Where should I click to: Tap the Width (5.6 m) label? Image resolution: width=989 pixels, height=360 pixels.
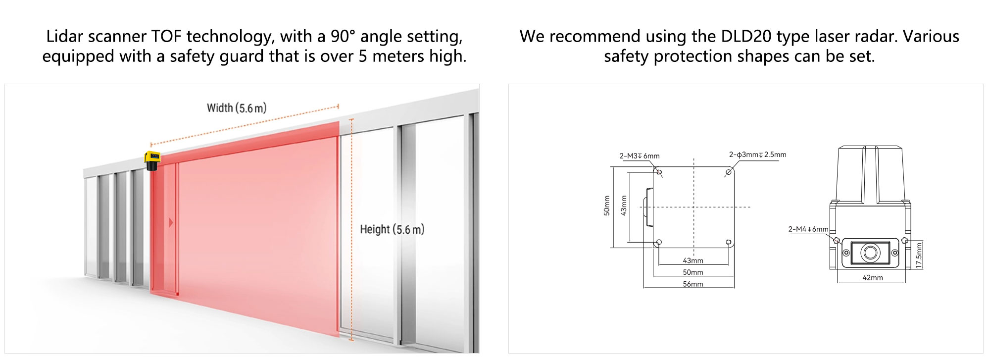pos(237,108)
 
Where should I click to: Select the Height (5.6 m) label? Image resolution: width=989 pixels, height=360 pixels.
pos(392,229)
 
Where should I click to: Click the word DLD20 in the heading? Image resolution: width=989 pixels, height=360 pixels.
pos(747,37)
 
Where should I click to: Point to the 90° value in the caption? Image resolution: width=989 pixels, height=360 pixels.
pos(343,37)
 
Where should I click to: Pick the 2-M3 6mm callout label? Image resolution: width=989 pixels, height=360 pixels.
pos(639,156)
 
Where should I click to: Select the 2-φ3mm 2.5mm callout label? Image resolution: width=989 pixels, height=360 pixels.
pos(757,154)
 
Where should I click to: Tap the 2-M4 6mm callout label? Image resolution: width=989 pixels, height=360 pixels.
pos(808,229)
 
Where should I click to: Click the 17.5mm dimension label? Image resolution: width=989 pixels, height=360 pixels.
pos(919,255)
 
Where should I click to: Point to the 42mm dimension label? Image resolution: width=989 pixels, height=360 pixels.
pos(872,278)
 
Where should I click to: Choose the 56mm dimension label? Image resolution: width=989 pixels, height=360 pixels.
pos(693,284)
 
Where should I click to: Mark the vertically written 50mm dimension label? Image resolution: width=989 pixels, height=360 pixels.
pos(606,206)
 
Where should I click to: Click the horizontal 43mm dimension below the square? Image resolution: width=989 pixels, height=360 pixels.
pos(693,260)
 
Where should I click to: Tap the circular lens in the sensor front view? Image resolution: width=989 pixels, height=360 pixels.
pos(870,253)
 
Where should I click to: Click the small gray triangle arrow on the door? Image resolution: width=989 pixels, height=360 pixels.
pos(171,222)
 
